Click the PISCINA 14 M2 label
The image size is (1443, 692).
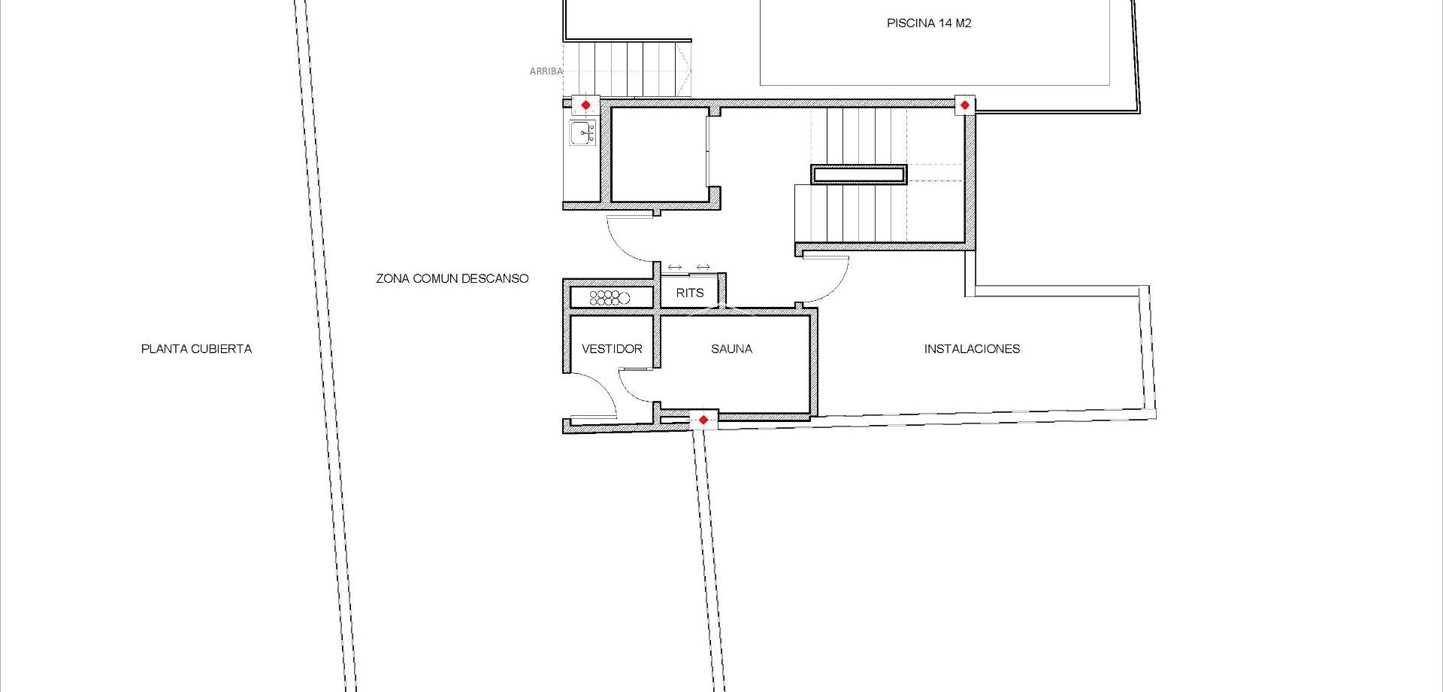click(929, 23)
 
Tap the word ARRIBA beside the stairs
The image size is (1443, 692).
click(546, 71)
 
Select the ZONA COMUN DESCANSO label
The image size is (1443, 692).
click(452, 278)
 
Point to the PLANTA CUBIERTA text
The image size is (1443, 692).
click(196, 349)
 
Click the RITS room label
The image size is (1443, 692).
click(690, 293)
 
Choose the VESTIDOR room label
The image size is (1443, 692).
click(612, 349)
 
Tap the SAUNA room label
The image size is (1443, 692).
click(731, 349)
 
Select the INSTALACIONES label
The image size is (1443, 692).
click(972, 349)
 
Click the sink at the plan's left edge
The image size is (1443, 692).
click(582, 133)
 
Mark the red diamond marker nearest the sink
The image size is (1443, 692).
click(585, 105)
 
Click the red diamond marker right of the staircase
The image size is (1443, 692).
click(964, 105)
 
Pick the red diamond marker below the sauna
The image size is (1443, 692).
click(703, 420)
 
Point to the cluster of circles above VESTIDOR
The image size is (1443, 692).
click(609, 298)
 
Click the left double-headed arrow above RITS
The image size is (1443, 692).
click(675, 267)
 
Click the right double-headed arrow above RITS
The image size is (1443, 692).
click(703, 267)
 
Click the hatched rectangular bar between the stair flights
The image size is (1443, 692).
click(859, 175)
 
